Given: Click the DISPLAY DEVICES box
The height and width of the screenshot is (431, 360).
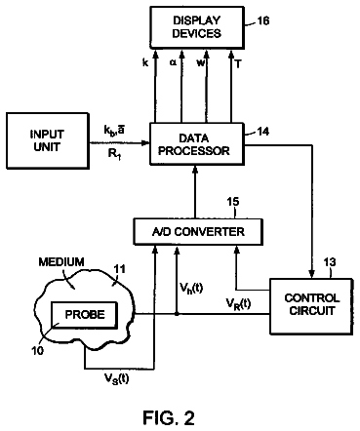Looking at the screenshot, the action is tap(197, 27).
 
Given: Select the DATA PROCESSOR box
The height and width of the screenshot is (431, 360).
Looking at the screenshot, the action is tap(196, 144).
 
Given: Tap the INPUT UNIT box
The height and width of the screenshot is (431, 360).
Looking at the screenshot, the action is tap(48, 140).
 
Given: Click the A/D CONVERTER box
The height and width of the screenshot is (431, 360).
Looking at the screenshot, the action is tap(198, 231).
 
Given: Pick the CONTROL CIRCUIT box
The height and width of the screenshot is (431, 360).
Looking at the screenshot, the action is tap(311, 306).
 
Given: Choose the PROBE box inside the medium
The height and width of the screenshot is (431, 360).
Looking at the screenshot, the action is tap(85, 315).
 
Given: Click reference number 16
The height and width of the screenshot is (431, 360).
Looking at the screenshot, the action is tap(263, 20).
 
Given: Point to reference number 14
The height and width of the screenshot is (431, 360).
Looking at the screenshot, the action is tap(263, 132).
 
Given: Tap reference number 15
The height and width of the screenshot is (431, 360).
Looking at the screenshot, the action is tap(233, 202).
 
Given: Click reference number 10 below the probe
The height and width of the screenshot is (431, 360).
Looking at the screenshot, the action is tap(38, 350).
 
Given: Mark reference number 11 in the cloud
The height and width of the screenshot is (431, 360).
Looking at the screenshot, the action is tap(119, 269).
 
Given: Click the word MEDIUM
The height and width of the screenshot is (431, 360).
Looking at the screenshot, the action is tap(61, 261).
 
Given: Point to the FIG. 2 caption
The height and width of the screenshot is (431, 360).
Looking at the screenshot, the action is tap(169, 417).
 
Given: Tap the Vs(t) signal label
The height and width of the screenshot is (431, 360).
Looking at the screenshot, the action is tap(116, 378).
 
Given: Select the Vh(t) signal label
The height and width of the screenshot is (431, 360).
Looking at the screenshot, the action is tap(191, 287).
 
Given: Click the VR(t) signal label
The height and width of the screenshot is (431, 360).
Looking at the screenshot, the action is tap(238, 304).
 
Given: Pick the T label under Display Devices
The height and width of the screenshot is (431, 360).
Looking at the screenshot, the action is tap(238, 64).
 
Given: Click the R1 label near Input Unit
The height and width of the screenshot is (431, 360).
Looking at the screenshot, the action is tap(114, 154).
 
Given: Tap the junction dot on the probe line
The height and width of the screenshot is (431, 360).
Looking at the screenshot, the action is tap(177, 314).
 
